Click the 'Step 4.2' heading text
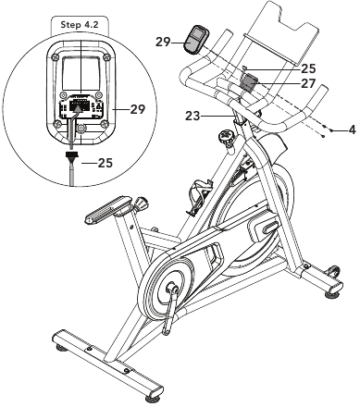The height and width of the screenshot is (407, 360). click(80, 24)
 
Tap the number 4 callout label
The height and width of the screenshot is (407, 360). click(352, 129)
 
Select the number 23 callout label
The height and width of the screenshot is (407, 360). click(192, 116)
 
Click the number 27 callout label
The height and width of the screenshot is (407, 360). click(308, 83)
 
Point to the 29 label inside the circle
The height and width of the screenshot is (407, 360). click(137, 109)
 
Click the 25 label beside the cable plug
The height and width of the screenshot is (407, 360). click(106, 163)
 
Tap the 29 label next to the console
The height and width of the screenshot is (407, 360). click(163, 42)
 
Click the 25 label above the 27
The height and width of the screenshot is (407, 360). click(308, 68)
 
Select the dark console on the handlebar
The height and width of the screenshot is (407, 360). click(196, 40)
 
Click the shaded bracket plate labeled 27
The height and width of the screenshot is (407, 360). click(249, 83)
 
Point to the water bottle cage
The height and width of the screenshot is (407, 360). click(199, 196)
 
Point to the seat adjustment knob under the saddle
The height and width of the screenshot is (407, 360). click(141, 203)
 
